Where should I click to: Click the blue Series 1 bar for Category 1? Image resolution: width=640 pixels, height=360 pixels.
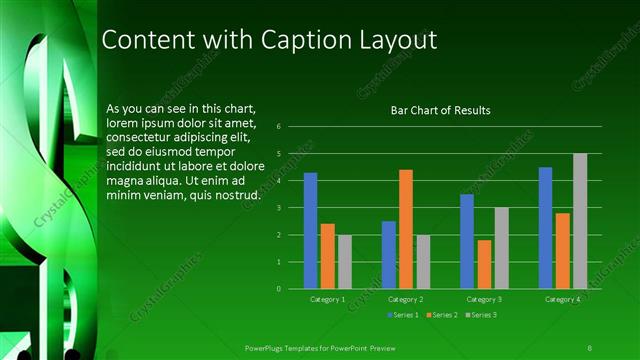pyautogui.click(x=310, y=231)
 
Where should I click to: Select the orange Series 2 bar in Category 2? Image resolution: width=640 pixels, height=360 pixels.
pyautogui.click(x=405, y=229)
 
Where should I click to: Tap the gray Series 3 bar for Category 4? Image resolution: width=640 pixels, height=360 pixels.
pyautogui.click(x=580, y=221)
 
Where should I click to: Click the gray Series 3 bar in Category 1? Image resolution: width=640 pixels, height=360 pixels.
pyautogui.click(x=344, y=262)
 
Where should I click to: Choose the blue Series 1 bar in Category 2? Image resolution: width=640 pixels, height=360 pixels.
pyautogui.click(x=388, y=255)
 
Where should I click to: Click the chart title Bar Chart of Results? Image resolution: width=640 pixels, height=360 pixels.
pyautogui.click(x=440, y=110)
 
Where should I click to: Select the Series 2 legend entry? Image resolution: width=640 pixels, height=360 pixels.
pyautogui.click(x=440, y=315)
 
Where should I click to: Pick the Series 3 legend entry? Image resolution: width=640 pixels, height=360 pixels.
pyautogui.click(x=480, y=315)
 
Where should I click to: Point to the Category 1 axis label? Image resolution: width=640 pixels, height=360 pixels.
pyautogui.click(x=327, y=299)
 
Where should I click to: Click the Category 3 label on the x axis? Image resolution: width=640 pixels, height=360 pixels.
pyautogui.click(x=484, y=299)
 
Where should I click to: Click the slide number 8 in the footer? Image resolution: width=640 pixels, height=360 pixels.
pyautogui.click(x=590, y=346)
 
